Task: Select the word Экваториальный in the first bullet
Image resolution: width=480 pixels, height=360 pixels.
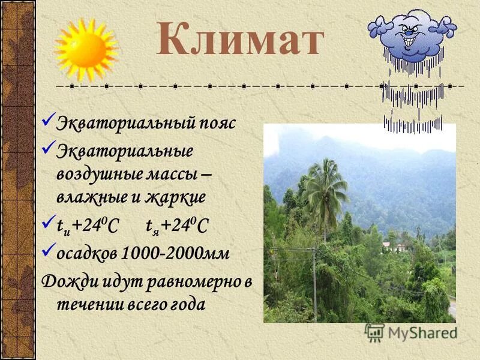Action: click(124, 124)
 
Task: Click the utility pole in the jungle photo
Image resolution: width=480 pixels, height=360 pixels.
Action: click(314, 282)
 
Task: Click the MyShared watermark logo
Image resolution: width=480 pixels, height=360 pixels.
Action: click(411, 332)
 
